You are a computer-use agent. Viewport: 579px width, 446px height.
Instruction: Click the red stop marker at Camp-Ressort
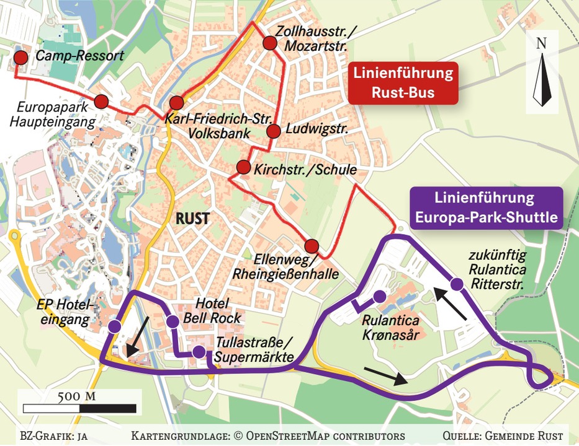pyautogui.click(x=21, y=59)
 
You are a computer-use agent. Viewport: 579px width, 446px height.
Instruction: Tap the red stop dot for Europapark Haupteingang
pyautogui.click(x=102, y=102)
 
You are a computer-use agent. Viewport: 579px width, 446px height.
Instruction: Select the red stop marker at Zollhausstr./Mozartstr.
pyautogui.click(x=269, y=43)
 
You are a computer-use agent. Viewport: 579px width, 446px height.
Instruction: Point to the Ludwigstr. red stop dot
pyautogui.click(x=274, y=131)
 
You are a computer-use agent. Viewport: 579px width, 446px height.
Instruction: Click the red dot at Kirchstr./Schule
pyautogui.click(x=243, y=168)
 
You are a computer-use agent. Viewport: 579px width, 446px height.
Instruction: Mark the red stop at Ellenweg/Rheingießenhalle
pyautogui.click(x=312, y=245)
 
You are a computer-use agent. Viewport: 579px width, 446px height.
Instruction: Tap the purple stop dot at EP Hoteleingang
pyautogui.click(x=115, y=326)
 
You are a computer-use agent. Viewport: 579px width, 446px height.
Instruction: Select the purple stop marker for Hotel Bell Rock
pyautogui.click(x=173, y=321)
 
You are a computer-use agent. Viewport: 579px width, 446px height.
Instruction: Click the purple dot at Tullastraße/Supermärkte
pyautogui.click(x=199, y=352)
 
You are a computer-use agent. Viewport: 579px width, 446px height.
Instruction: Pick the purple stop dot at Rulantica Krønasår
pyautogui.click(x=380, y=296)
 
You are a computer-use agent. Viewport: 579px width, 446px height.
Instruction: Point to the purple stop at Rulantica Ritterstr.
pyautogui.click(x=457, y=284)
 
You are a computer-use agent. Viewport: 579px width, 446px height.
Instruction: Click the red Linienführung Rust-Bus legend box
pyautogui.click(x=402, y=83)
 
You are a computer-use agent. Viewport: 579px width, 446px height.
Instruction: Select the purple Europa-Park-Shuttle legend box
pyautogui.click(x=485, y=208)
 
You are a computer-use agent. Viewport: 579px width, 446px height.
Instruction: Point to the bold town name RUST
pyautogui.click(x=193, y=219)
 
